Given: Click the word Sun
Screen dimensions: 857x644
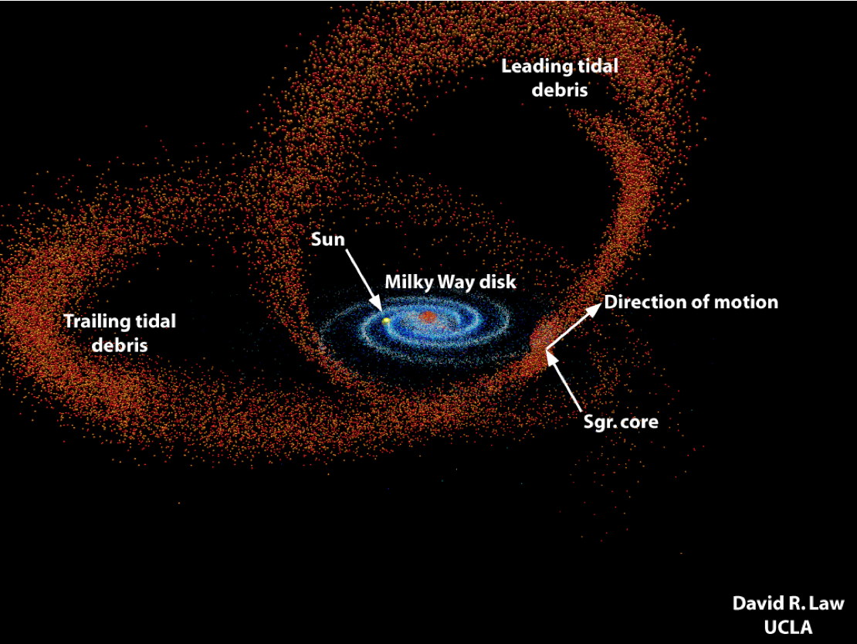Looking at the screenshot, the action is (x=328, y=239).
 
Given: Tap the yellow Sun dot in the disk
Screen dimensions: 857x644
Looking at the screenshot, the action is (x=386, y=321).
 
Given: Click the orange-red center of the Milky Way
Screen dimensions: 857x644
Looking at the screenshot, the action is (x=428, y=317).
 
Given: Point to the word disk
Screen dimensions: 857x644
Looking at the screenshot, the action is (x=497, y=282).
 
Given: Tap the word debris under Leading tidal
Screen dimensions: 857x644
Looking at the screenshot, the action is (x=560, y=90).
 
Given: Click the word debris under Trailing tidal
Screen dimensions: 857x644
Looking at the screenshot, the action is (x=120, y=345).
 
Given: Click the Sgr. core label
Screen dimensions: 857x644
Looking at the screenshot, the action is (x=621, y=422).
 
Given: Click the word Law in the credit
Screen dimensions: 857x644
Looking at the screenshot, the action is (x=826, y=604).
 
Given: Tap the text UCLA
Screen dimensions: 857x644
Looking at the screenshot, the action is (x=788, y=627).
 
